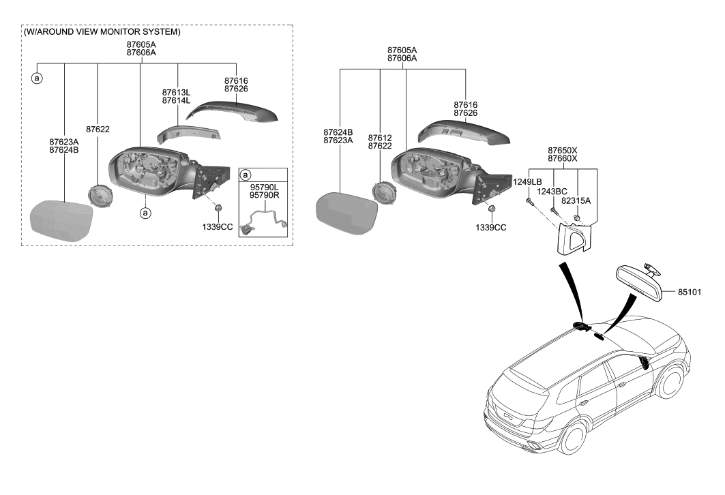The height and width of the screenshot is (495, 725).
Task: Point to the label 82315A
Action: pos(577,200)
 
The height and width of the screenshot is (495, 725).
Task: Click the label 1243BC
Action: pos(552,191)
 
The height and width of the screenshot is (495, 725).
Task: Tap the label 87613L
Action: pos(176,91)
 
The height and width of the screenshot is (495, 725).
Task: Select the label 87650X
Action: pos(563,149)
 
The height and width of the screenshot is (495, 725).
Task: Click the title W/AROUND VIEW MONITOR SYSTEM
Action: pos(102,32)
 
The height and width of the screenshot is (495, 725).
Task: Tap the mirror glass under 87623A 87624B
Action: pos(61,220)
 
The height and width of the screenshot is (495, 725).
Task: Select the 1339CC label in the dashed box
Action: pos(218,226)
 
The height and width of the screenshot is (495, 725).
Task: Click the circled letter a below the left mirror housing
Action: pos(145,213)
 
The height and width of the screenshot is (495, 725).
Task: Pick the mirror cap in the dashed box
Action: pos(235,110)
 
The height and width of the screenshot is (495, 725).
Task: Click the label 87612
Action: pos(379,137)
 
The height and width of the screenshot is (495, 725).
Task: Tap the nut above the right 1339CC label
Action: pos(491,207)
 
